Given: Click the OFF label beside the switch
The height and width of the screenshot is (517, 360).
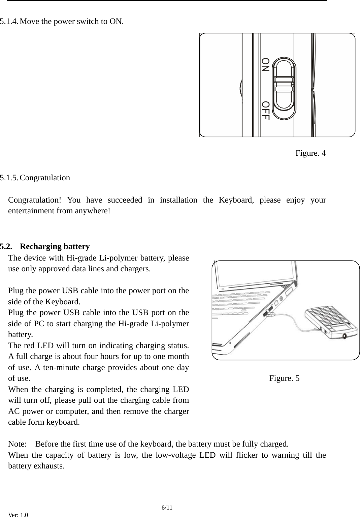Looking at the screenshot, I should pyautogui.click(x=266, y=111).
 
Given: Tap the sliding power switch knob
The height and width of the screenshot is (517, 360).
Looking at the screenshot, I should pyautogui.click(x=284, y=84).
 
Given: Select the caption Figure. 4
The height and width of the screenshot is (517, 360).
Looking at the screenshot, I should pyautogui.click(x=310, y=153).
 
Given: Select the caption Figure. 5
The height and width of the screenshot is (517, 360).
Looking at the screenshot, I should pyautogui.click(x=284, y=378).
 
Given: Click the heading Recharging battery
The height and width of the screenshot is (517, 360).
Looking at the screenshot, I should pyautogui.click(x=55, y=246).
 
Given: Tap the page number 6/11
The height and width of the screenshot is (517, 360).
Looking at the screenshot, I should pyautogui.click(x=167, y=508).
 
